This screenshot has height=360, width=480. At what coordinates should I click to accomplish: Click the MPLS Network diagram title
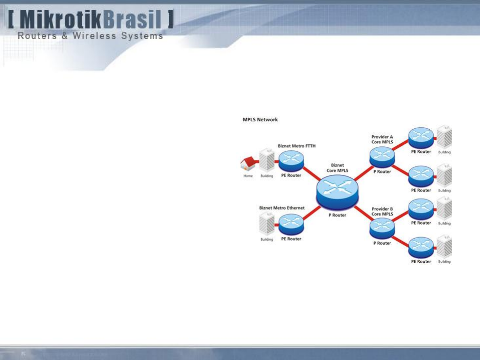[x=260, y=120]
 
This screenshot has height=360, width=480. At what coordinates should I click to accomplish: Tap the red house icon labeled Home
[x=248, y=163]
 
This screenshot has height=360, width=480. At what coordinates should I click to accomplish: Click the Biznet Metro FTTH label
[x=296, y=146]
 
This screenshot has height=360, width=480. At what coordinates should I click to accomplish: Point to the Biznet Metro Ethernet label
[x=282, y=208]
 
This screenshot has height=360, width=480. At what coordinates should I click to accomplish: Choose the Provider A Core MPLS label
[x=382, y=139]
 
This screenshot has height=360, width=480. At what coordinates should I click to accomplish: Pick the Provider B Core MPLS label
[x=382, y=211]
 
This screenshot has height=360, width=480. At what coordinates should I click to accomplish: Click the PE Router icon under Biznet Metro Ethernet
[x=291, y=225]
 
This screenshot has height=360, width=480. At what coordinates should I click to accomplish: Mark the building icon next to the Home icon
[x=267, y=161]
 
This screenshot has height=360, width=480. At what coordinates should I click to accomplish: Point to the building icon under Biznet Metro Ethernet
[x=267, y=224]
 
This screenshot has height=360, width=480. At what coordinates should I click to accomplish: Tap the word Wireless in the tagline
[x=94, y=36]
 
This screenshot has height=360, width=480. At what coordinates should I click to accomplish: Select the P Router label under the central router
[x=337, y=215]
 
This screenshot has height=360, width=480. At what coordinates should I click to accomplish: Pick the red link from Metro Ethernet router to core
[x=311, y=214]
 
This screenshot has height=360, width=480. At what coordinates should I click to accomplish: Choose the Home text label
[x=248, y=176]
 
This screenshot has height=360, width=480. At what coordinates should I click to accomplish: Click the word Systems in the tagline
[x=142, y=36]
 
